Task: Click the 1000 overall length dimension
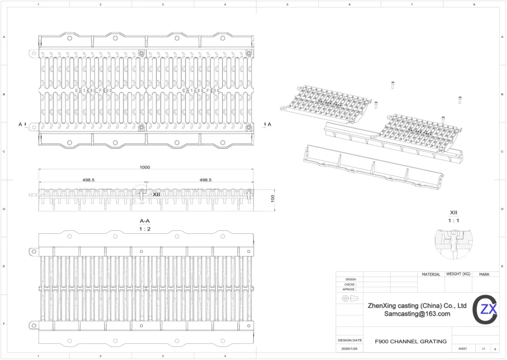pyautogui.click(x=145, y=167)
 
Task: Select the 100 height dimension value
pyautogui.click(x=272, y=198)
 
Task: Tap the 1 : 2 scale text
pyautogui.click(x=145, y=229)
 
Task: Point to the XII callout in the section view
pyautogui.click(x=156, y=194)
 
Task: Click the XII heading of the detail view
pyautogui.click(x=453, y=212)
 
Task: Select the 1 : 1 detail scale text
pyautogui.click(x=453, y=220)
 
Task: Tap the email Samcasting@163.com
pyautogui.click(x=417, y=313)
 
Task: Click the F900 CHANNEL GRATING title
pyautogui.click(x=410, y=341)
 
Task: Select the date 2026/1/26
pyautogui.click(x=350, y=349)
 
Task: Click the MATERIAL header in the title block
pyautogui.click(x=431, y=274)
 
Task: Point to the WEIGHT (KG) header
pyautogui.click(x=457, y=274)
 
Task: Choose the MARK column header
pyautogui.click(x=484, y=274)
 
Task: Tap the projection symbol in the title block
pyautogui.click(x=350, y=299)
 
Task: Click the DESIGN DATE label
pyautogui.click(x=350, y=340)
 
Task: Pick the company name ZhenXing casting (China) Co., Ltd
pyautogui.click(x=417, y=306)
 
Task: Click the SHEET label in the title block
pyautogui.click(x=462, y=349)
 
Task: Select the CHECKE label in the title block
pyautogui.click(x=350, y=285)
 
